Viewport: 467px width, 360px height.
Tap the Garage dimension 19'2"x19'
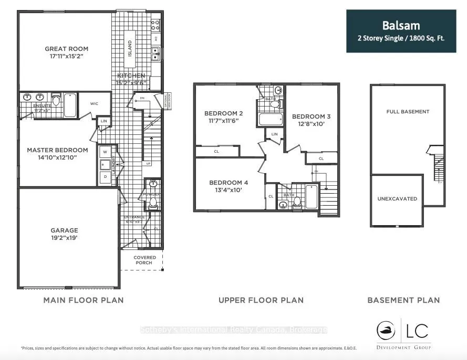click(x=64, y=238)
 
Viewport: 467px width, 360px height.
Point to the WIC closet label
click(x=95, y=103)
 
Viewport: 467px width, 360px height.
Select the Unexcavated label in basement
click(x=397, y=199)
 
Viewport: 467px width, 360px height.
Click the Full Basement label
click(x=408, y=112)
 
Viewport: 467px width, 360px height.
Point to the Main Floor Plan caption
click(x=83, y=300)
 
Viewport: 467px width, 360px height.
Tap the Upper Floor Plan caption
click(x=261, y=300)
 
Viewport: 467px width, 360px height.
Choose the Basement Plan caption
click(x=403, y=300)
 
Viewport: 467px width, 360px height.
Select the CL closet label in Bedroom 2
click(x=216, y=152)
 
